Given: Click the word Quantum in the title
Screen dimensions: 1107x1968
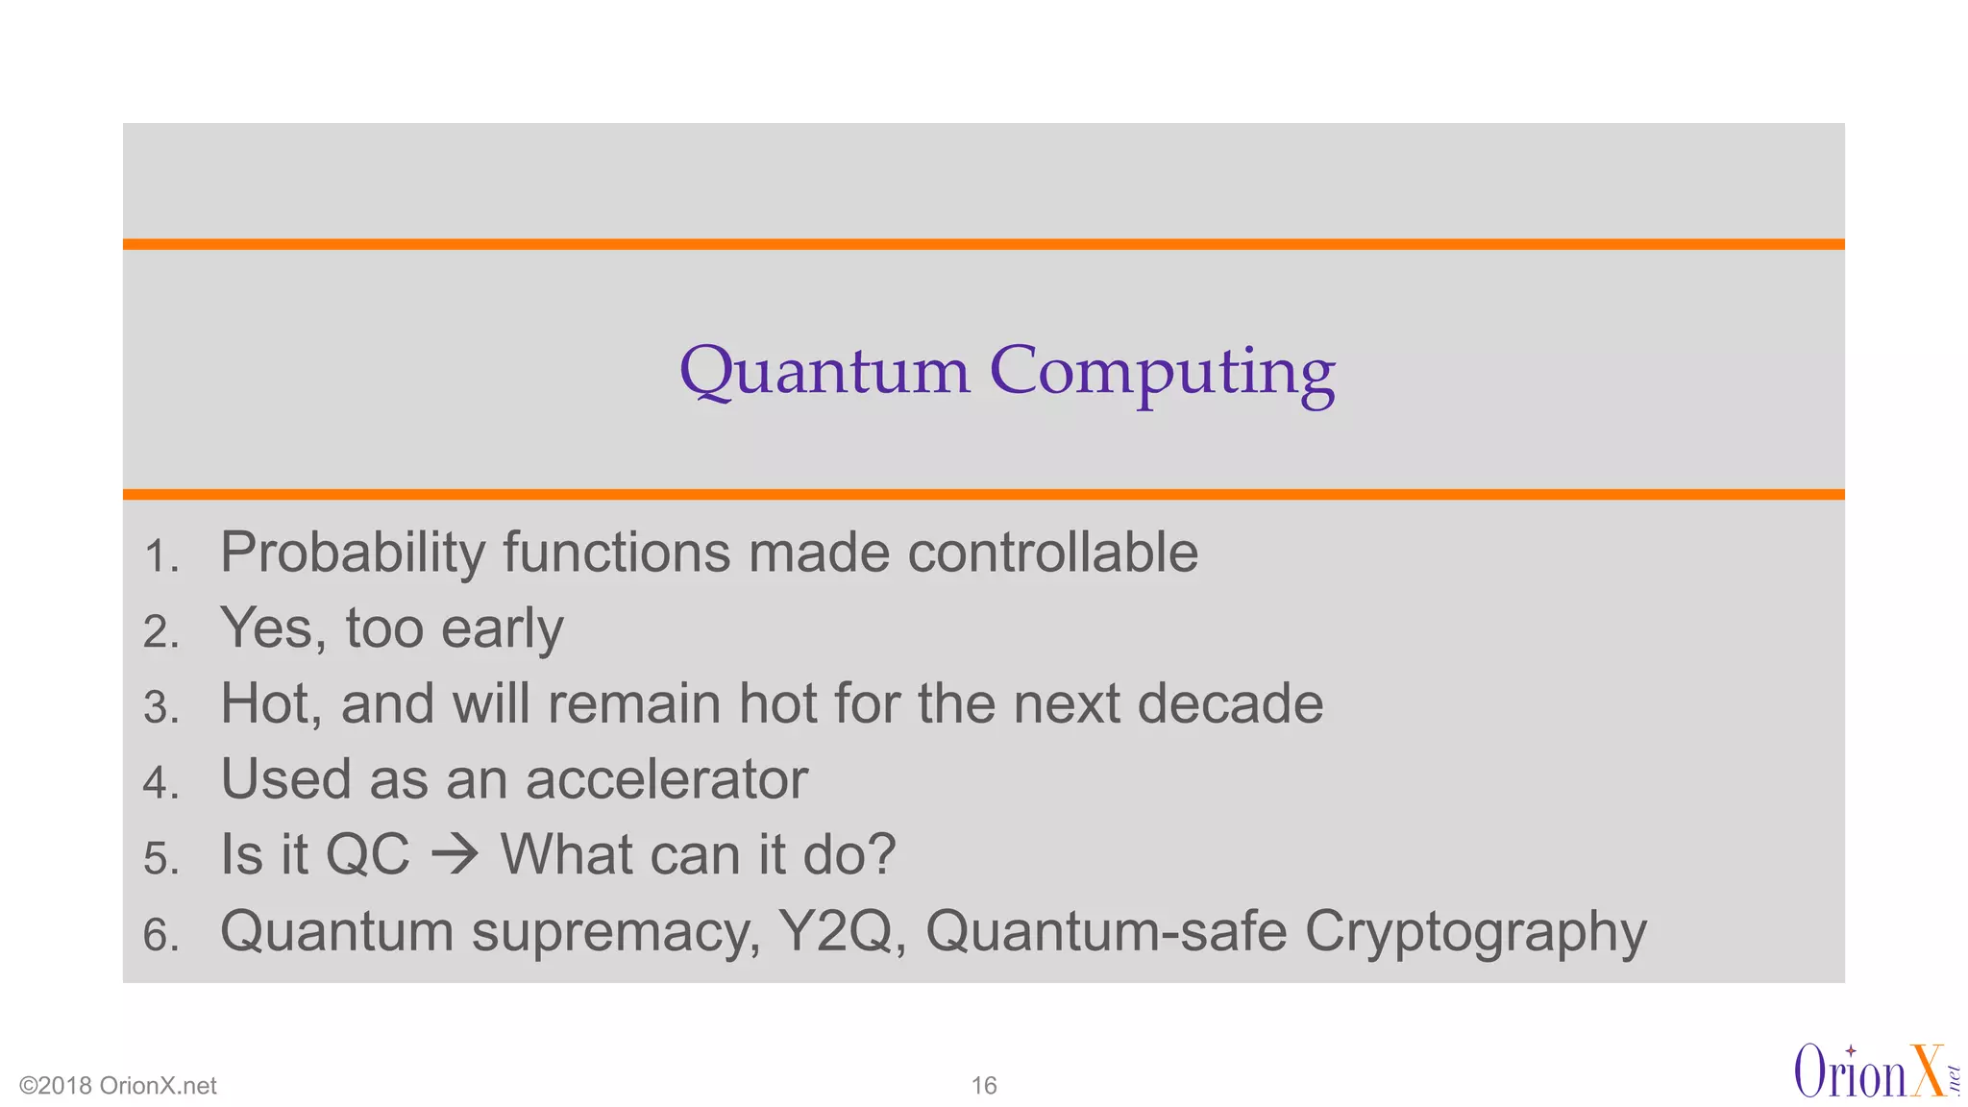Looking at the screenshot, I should click(x=824, y=373).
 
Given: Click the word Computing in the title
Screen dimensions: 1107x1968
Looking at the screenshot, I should click(x=1162, y=373).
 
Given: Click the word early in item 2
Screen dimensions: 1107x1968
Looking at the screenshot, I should click(x=502, y=629).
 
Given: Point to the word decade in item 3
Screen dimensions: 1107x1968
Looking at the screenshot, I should click(x=1230, y=703).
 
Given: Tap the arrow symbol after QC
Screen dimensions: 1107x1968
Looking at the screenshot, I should click(x=455, y=854).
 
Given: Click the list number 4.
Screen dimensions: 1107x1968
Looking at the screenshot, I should click(x=160, y=783).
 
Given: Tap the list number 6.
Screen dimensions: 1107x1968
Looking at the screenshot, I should click(x=160, y=935).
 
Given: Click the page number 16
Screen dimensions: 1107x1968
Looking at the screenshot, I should click(x=983, y=1086).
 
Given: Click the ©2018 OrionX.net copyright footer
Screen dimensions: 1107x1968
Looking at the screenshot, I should click(x=118, y=1086).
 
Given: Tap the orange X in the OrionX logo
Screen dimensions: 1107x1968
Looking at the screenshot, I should click(x=1927, y=1071).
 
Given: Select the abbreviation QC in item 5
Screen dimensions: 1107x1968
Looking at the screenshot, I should click(x=367, y=854).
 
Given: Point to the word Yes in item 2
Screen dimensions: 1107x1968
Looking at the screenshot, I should click(x=270, y=629).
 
